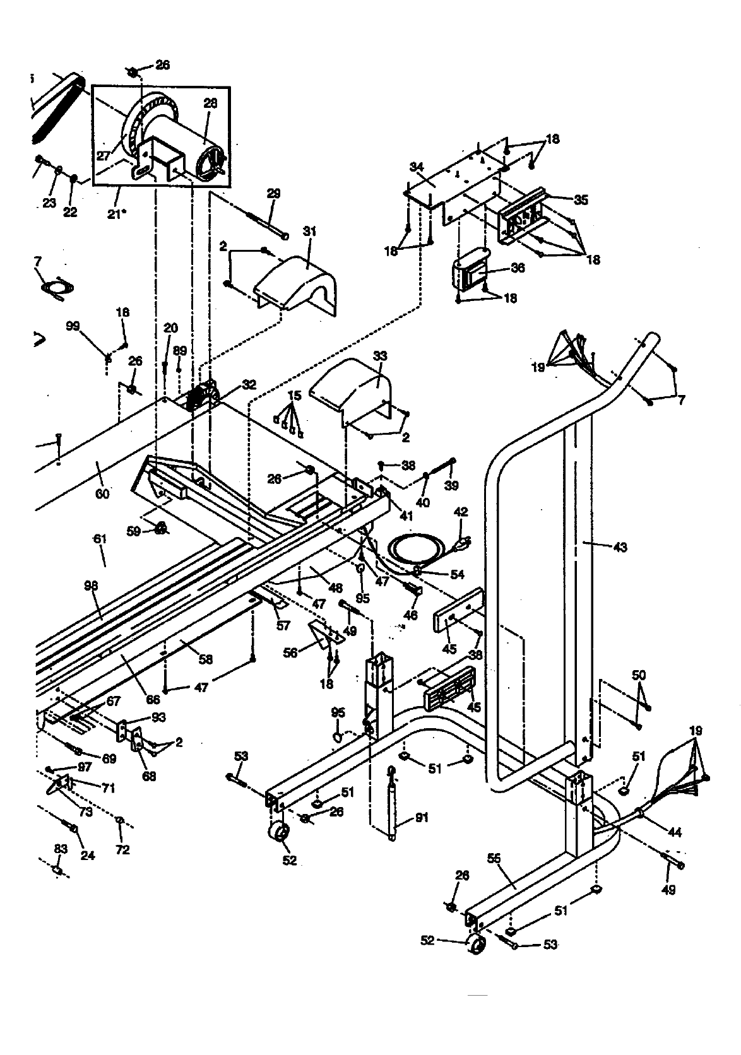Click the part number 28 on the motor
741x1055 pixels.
(x=210, y=103)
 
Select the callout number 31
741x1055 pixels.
(x=309, y=232)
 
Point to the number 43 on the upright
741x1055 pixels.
(x=620, y=548)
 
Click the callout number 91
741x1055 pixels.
(x=422, y=818)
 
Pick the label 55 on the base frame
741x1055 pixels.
(x=494, y=858)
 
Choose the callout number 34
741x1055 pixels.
(x=416, y=167)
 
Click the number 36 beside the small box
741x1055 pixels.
(x=518, y=268)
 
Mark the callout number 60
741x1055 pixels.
(x=102, y=493)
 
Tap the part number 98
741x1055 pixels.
(x=91, y=586)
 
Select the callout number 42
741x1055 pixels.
(x=461, y=512)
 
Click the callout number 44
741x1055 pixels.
(x=675, y=832)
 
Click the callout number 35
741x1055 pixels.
(x=581, y=200)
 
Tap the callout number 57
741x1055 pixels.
(x=283, y=625)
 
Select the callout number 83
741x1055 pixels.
(x=60, y=849)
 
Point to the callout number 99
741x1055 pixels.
(x=73, y=326)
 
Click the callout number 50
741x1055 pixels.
(x=639, y=676)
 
